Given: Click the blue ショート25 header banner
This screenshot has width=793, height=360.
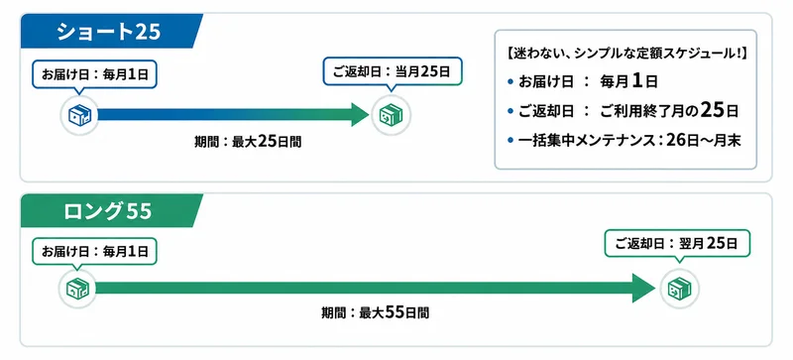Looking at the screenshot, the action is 110,32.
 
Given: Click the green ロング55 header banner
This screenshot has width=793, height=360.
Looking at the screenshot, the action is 110,210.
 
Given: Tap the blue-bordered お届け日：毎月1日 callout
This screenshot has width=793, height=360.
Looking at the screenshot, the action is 94,75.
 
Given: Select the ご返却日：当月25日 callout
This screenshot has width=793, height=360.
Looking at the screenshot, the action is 392,71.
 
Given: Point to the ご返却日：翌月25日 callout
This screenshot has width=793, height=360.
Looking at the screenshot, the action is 677,245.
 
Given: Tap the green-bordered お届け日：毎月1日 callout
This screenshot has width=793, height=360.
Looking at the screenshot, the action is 94,252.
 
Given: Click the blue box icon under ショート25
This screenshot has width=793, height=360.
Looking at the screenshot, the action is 79,115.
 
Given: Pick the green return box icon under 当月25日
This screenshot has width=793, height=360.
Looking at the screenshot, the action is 391,115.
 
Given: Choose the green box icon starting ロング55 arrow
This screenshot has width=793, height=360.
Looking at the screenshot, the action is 77,289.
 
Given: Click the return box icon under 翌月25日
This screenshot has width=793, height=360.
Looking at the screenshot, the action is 680,289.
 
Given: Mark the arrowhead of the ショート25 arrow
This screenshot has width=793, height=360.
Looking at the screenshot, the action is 360,115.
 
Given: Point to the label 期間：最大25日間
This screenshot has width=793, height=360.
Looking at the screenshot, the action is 248,142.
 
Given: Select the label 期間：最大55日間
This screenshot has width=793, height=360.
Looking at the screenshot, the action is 376,313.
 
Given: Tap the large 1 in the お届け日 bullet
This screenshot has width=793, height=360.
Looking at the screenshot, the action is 637,81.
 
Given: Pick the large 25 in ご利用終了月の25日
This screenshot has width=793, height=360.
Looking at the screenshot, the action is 712,111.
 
